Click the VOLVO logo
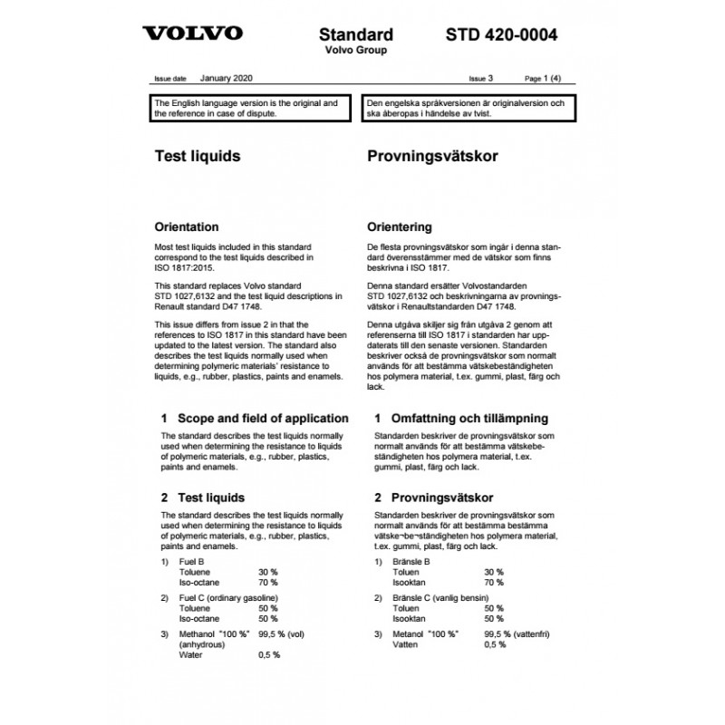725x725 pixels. (193, 34)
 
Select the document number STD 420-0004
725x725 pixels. (501, 34)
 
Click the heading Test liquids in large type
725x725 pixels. (197, 156)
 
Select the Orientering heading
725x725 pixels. (400, 227)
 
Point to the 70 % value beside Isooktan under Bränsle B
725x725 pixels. (493, 585)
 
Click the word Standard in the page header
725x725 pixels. (356, 34)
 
